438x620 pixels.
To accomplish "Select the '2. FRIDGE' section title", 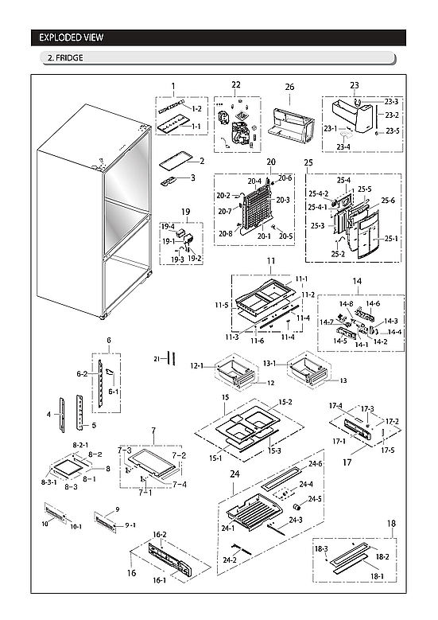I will click(x=64, y=58).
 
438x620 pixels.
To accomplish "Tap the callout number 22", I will click(x=236, y=85).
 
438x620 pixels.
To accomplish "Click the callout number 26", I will click(x=289, y=86).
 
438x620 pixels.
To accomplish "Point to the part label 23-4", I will click(x=343, y=147).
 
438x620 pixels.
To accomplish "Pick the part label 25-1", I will click(x=391, y=238).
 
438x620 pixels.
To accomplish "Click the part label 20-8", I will click(x=226, y=233).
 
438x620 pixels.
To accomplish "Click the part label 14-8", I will click(x=346, y=303).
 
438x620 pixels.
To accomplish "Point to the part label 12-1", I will click(x=196, y=366).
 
